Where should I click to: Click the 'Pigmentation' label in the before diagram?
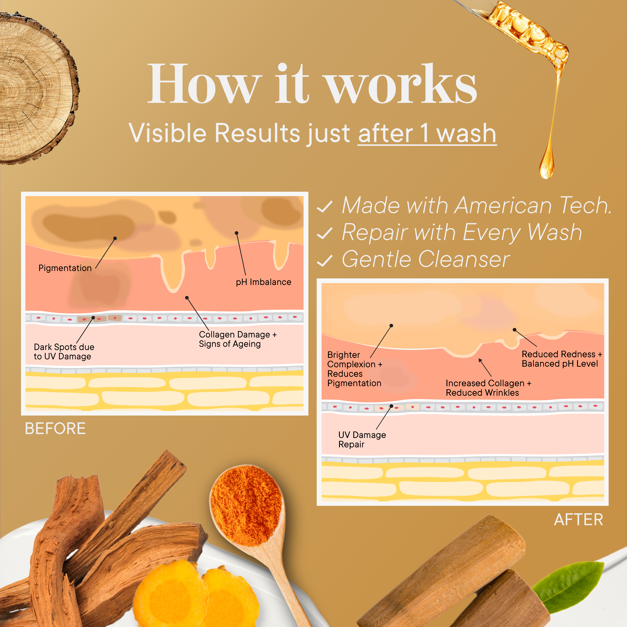[65, 268]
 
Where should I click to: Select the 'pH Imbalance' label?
[263, 282]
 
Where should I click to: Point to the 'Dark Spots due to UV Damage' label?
[64, 351]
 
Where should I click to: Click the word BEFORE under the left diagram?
[55, 428]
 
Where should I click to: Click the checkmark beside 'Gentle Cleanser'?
[324, 261]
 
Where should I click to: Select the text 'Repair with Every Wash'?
[462, 233]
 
